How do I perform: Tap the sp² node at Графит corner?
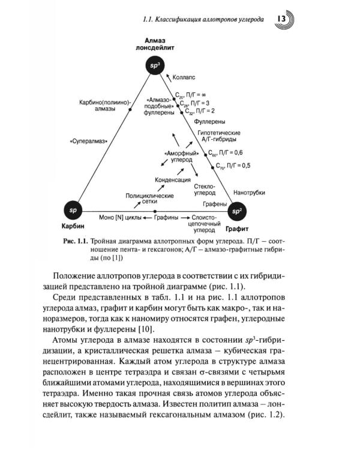(237, 211)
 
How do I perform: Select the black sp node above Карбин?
(73, 211)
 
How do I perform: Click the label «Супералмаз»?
(88, 141)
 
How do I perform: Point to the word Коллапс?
(184, 78)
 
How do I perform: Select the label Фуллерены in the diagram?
(208, 121)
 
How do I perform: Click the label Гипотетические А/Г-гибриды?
(218, 136)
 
